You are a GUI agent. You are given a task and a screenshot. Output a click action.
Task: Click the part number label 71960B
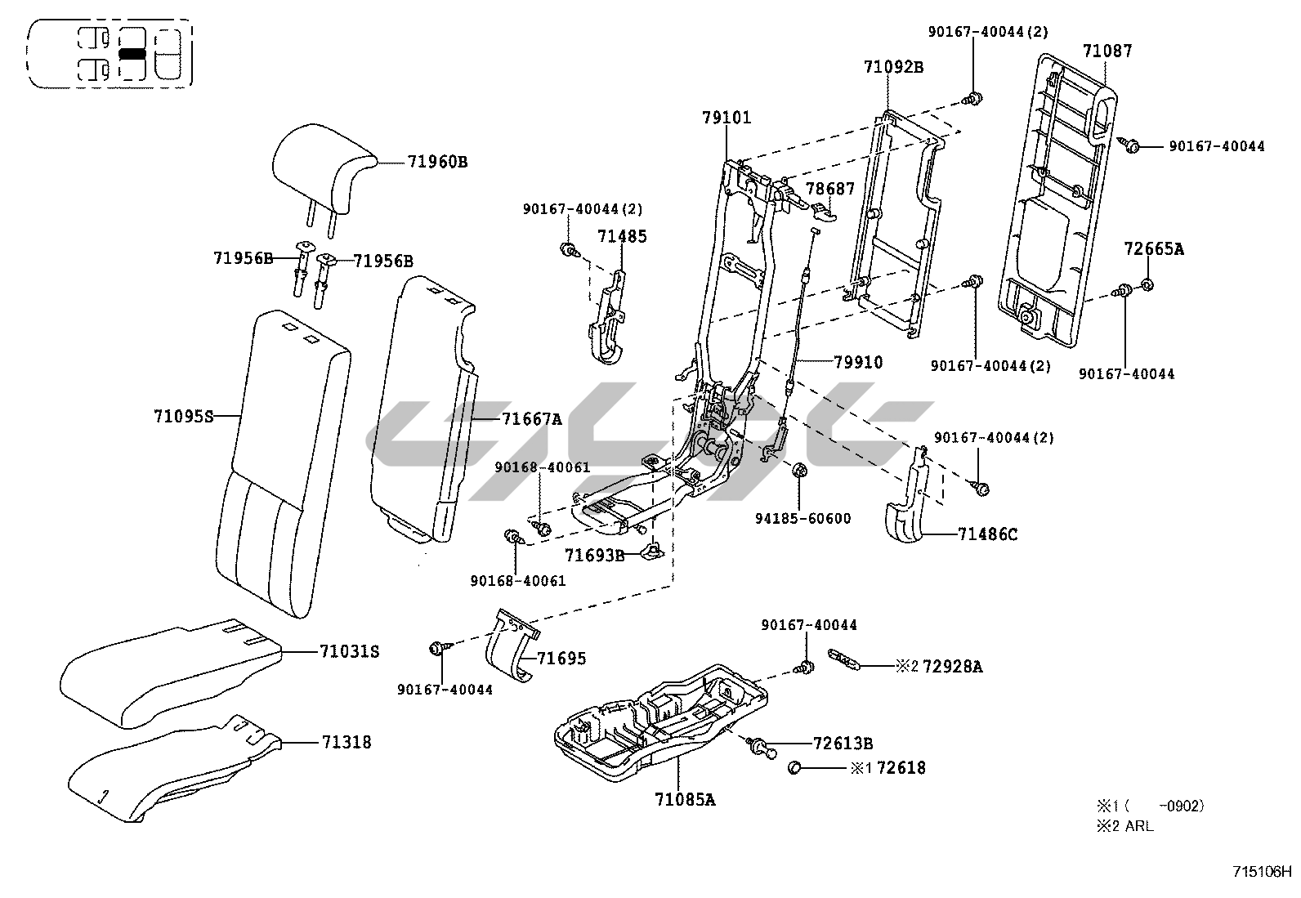437,161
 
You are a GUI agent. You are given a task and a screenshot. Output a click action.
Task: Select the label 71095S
183,416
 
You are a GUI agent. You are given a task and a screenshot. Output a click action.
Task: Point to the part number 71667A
531,419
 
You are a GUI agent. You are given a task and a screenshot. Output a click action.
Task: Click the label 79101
726,118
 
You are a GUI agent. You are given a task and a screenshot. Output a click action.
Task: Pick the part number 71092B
893,66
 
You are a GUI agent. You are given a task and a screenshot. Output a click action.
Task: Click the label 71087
1107,51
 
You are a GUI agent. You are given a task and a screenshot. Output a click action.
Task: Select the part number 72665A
1153,248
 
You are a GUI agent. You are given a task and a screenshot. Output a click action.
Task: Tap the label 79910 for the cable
858,362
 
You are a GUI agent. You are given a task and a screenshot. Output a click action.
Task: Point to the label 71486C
988,534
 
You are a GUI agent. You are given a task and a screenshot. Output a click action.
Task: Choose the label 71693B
594,556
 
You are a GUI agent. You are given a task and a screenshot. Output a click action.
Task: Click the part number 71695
561,658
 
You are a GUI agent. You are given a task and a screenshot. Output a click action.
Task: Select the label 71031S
350,651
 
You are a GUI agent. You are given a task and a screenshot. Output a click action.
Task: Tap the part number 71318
346,742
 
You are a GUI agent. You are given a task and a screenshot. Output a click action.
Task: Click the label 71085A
685,799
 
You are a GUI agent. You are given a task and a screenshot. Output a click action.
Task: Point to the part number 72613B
843,744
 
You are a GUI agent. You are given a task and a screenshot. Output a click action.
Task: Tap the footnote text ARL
1139,826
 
